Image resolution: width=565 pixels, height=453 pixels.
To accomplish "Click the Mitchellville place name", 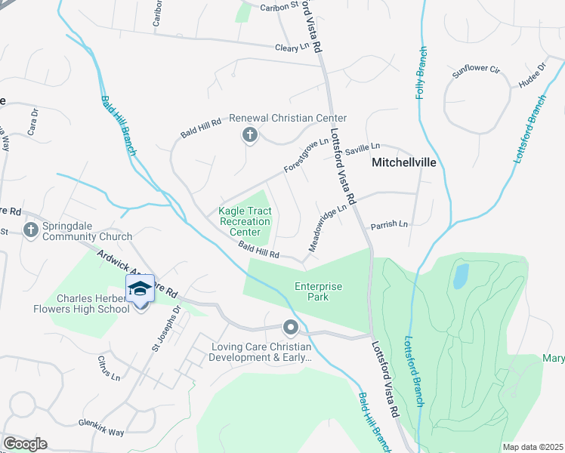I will click(404, 162).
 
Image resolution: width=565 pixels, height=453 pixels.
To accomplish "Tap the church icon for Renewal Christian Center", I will click(249, 136).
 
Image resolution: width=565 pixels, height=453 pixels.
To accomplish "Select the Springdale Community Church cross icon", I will click(31, 230).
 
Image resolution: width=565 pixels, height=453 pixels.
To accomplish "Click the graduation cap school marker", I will click(140, 289).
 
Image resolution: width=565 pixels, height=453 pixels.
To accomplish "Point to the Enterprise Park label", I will click(318, 291).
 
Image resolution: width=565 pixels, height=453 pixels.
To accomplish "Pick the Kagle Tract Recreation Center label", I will click(245, 222).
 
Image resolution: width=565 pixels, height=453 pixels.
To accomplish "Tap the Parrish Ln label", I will click(389, 224).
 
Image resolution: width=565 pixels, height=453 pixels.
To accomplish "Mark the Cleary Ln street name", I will click(292, 47).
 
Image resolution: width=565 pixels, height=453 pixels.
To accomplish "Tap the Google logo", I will click(25, 444).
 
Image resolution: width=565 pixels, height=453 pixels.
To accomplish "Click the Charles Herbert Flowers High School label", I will click(82, 303).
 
